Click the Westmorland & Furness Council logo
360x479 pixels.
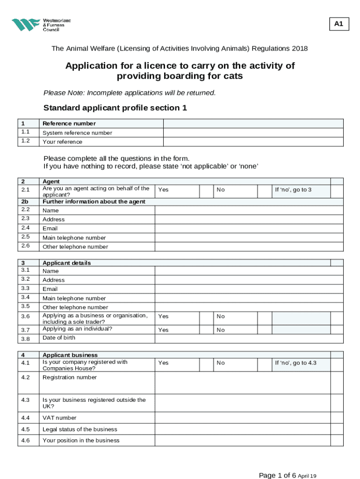[41, 25]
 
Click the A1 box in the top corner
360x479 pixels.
[339, 24]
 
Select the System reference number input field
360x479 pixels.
[252, 133]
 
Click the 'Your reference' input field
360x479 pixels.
[252, 142]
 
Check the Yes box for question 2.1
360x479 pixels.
[206, 190]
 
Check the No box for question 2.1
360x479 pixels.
[265, 190]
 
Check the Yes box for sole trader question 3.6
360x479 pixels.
[206, 317]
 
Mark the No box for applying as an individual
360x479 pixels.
[265, 330]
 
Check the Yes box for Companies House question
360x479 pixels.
[206, 363]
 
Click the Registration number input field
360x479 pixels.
[242, 382]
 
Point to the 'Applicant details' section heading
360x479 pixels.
[66, 263]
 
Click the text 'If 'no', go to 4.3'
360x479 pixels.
[295, 363]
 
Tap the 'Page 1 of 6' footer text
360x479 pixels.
[278, 475]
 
